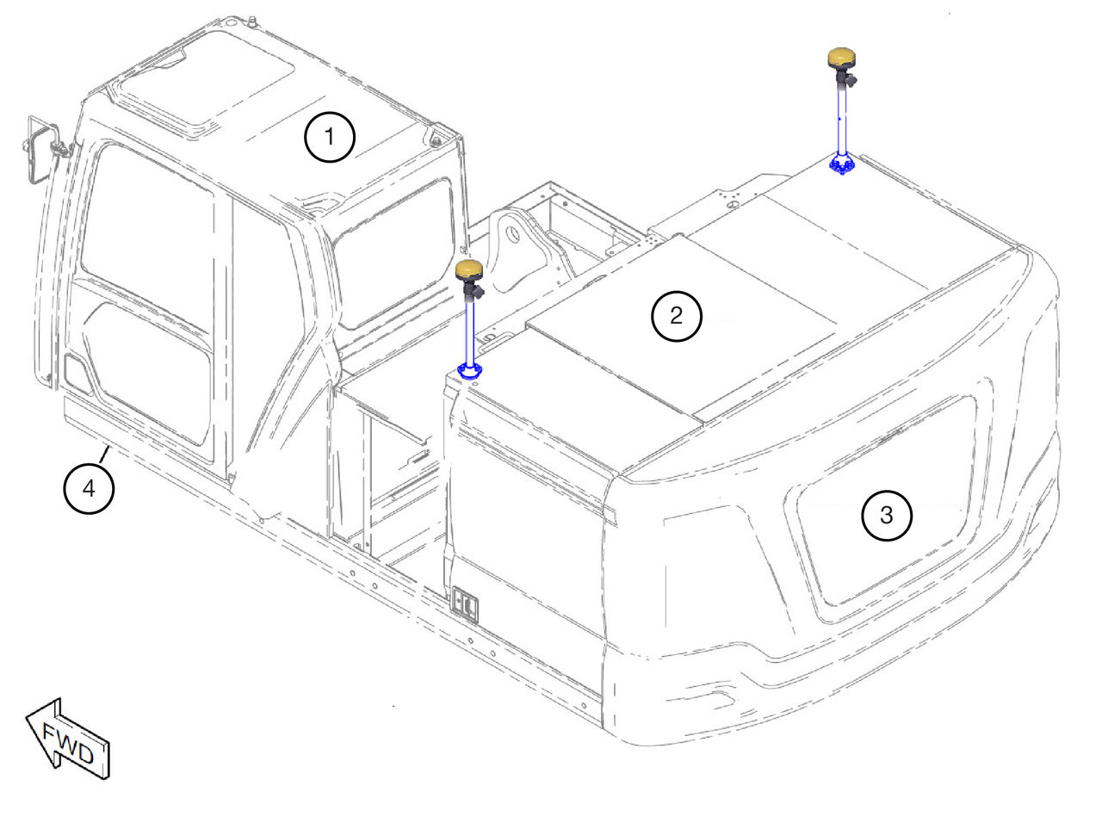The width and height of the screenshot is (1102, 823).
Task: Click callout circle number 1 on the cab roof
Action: coord(330,137)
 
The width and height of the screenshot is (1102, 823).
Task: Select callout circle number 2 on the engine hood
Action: coord(676,316)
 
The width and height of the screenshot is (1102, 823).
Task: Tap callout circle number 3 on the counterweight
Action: coord(887,516)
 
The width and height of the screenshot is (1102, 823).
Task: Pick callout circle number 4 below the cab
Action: coord(89,489)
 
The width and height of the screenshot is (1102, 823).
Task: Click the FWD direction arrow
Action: coord(69,739)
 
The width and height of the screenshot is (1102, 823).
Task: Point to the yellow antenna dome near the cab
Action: coord(469,270)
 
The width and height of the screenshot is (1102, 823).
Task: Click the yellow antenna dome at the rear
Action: coord(841,58)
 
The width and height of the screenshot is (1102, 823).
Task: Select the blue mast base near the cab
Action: coord(469,371)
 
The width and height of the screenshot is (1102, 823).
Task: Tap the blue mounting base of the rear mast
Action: coord(842,165)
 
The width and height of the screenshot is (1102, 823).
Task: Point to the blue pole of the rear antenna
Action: coord(842,120)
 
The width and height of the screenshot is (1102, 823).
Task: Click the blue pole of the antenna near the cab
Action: coord(470,331)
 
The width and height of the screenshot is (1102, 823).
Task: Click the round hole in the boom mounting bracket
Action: coord(512,233)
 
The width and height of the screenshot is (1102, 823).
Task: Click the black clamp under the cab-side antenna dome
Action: coord(472,289)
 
